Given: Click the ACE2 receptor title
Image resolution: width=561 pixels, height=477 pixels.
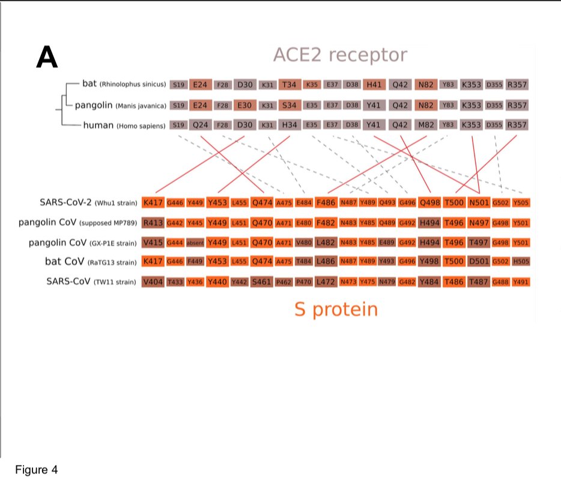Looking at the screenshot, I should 339,55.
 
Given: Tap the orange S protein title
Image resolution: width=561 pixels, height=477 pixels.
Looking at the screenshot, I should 336,309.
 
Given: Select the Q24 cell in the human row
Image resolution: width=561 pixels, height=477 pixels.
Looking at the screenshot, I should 200,126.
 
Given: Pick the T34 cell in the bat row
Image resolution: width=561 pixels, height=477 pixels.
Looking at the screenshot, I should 290,85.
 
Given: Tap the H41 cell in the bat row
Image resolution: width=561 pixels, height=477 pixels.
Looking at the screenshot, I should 373,85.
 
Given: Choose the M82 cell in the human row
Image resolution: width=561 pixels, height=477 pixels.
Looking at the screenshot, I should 425,126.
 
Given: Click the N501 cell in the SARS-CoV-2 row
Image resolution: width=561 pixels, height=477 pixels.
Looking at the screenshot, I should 479,202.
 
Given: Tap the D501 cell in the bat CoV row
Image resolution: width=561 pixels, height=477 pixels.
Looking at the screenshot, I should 479,262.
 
